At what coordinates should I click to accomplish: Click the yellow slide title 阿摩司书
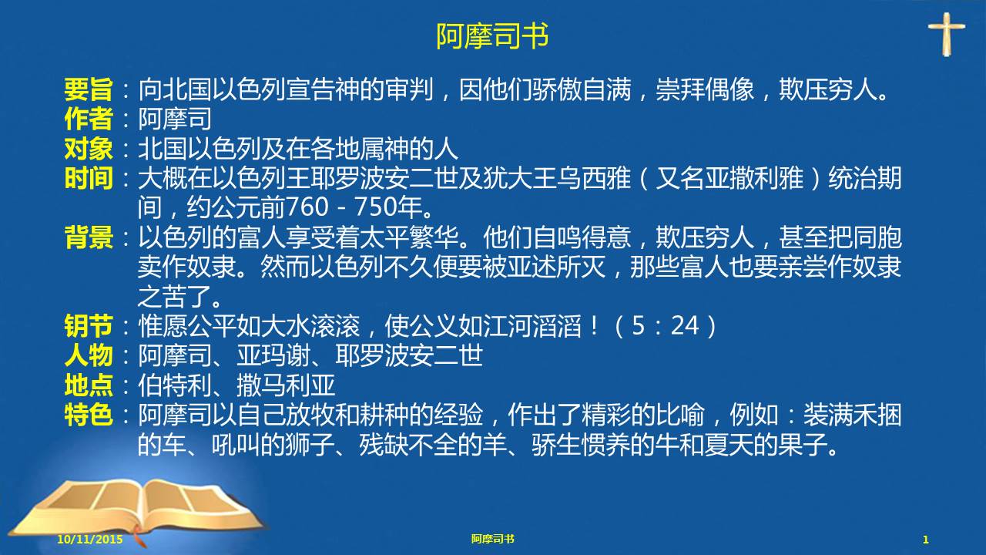pos(492,36)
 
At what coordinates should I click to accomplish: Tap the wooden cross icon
pos(947,34)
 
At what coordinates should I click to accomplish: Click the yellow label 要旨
pos(89,89)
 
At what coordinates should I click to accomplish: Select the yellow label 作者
pos(89,119)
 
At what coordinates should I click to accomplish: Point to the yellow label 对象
pos(89,149)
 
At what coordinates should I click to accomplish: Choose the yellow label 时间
pos(89,178)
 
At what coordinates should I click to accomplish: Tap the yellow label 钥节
pos(89,326)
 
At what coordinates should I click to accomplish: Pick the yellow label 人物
pos(89,355)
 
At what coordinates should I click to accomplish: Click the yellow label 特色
pos(89,415)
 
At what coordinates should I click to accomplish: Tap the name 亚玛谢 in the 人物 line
pos(273,355)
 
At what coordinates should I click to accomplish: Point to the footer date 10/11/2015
pos(90,539)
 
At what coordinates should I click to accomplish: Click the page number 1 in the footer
pos(925,540)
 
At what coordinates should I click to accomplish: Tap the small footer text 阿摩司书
pos(492,539)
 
